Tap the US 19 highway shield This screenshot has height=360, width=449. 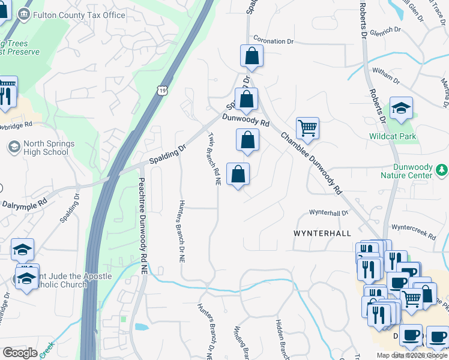point(163,91)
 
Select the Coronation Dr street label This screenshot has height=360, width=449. point(273,41)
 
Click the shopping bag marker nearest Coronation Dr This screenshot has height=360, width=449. point(252,56)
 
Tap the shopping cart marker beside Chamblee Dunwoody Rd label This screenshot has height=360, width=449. point(307,128)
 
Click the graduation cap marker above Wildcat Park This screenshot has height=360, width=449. point(401,109)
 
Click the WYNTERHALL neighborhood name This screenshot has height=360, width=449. point(322,232)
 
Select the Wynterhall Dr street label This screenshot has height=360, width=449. point(328,213)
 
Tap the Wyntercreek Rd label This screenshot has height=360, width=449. point(413,232)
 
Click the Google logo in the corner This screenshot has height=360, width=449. point(20,352)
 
